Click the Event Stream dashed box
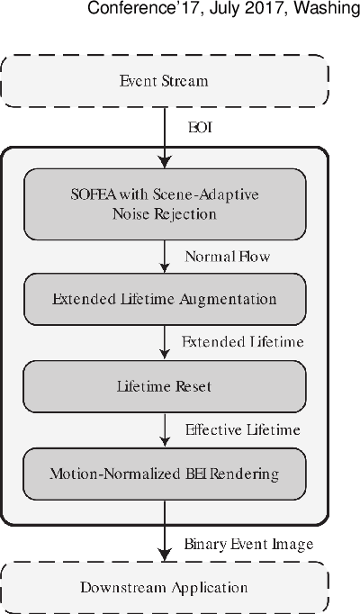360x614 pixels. (164, 81)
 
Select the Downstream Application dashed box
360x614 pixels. (164, 588)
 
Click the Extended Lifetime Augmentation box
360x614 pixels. (164, 298)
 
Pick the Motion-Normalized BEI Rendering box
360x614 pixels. (164, 470)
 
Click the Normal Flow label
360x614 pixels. (228, 256)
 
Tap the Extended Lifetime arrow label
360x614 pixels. (243, 342)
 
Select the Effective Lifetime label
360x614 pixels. (242, 429)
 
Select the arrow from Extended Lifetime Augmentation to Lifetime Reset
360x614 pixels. (164, 342)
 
